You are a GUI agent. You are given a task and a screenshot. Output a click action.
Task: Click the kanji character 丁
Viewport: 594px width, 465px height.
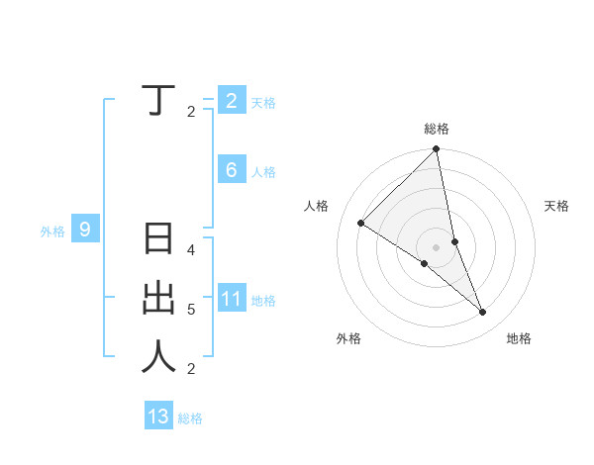pos(157,100)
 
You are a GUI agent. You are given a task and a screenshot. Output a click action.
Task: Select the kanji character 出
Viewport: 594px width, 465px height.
pos(158,298)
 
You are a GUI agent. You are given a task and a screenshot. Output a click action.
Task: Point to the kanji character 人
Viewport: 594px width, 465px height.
pos(158,356)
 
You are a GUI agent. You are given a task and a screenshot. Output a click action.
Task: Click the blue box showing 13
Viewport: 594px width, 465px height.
pos(158,417)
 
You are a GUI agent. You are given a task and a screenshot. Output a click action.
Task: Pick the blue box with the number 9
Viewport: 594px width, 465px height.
pos(85,231)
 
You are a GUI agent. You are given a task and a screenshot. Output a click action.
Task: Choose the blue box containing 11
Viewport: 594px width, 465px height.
pos(231,300)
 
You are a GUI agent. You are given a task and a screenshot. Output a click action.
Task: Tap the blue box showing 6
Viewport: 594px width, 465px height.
pos(231,170)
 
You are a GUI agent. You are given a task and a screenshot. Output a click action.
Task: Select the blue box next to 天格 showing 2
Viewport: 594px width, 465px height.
pos(231,100)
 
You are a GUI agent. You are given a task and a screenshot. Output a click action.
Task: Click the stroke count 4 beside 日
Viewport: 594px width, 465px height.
pos(191,249)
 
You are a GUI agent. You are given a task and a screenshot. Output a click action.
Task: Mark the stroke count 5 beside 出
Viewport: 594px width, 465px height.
pos(191,310)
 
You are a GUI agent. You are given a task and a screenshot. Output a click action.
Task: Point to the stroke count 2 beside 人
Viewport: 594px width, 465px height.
pos(191,369)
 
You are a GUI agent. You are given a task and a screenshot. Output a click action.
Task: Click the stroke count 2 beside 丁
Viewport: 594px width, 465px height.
pos(191,111)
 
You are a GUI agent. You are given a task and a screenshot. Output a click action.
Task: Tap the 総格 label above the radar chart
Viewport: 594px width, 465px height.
pos(437,129)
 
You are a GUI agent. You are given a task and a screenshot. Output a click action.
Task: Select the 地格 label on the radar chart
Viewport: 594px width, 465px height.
pos(519,338)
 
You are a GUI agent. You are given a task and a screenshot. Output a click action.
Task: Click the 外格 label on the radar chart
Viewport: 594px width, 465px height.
pos(348,338)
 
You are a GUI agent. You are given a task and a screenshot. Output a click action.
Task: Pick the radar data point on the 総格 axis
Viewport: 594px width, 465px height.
pos(437,149)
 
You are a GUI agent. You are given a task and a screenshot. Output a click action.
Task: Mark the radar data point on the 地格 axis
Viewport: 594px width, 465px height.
pos(483,313)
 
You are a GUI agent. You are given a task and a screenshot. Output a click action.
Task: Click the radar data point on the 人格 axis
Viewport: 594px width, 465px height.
pos(361,223)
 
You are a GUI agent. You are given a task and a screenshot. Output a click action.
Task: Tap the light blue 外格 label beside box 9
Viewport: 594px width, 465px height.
pos(52,232)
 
